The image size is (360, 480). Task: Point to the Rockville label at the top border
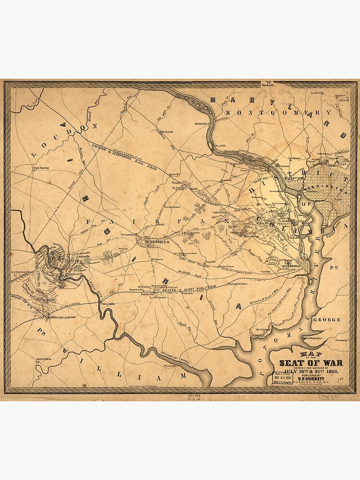tap(270, 84)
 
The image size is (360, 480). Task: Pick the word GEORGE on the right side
tap(326, 319)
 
